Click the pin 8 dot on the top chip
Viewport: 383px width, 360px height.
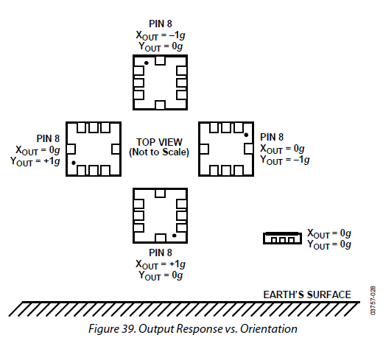pyautogui.click(x=147, y=63)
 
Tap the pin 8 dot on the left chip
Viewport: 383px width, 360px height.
pyautogui.click(x=74, y=163)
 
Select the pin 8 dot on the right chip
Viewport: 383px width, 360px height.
pyautogui.click(x=246, y=135)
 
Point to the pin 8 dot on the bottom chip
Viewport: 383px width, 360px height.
pyautogui.click(x=174, y=236)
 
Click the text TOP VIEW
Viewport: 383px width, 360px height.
pyautogui.click(x=159, y=142)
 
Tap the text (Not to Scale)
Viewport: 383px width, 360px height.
pyautogui.click(x=159, y=152)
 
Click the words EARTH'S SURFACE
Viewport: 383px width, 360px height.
pyautogui.click(x=307, y=294)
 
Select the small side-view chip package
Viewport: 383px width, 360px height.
pyautogui.click(x=282, y=238)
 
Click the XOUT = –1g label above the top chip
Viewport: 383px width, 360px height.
pyautogui.click(x=161, y=35)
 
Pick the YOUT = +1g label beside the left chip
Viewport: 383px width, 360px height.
pyautogui.click(x=35, y=162)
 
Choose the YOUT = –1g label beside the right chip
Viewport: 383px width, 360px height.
pyautogui.click(x=285, y=160)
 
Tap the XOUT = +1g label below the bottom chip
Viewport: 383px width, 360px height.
pyautogui.click(x=161, y=264)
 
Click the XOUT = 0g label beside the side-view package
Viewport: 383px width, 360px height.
pyautogui.click(x=329, y=233)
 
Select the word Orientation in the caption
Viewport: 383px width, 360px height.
pyautogui.click(x=269, y=329)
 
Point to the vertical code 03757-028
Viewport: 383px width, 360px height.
pyautogui.click(x=373, y=300)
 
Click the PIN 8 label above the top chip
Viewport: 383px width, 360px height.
pyautogui.click(x=161, y=24)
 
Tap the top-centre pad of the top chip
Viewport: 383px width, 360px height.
pyautogui.click(x=160, y=60)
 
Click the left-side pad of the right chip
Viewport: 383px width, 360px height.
pyautogui.click(x=204, y=149)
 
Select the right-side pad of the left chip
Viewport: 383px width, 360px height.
pyautogui.click(x=116, y=149)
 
